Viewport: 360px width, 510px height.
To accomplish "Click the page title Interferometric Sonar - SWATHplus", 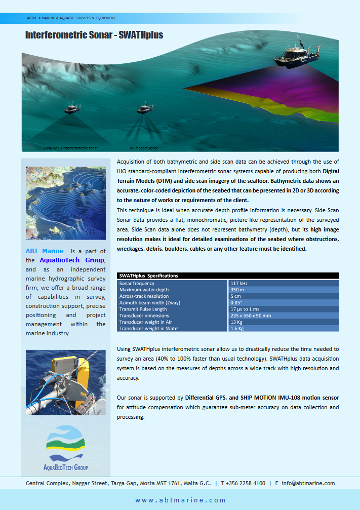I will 94,35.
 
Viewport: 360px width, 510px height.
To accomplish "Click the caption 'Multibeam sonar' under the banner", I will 144,148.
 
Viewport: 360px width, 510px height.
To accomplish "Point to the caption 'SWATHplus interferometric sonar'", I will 70,148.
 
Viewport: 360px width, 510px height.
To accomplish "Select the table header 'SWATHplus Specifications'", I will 148,276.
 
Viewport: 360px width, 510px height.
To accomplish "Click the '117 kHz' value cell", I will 239,284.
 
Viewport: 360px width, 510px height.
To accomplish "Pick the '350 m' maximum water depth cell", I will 237,290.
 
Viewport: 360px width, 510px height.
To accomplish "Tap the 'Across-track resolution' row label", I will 144,296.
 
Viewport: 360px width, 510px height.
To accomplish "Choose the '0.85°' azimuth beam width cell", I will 236,303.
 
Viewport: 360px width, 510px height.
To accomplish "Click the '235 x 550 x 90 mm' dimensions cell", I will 251,316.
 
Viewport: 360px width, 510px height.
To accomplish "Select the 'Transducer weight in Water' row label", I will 149,328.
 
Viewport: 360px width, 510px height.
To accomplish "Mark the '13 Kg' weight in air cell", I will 236,322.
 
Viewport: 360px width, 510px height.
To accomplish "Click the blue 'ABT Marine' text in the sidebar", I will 45,251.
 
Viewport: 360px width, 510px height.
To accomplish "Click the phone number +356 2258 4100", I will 246,483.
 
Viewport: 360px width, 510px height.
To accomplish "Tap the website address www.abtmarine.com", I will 180,500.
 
